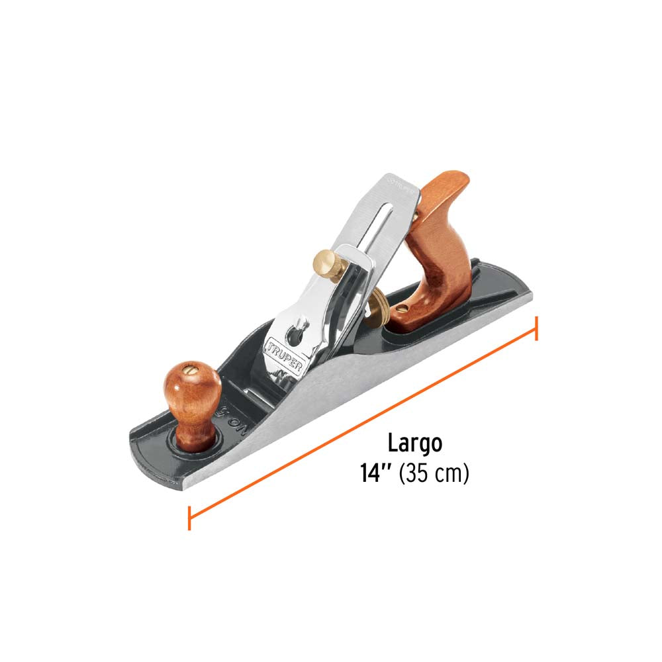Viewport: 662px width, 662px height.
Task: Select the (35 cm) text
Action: [x=434, y=474]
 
